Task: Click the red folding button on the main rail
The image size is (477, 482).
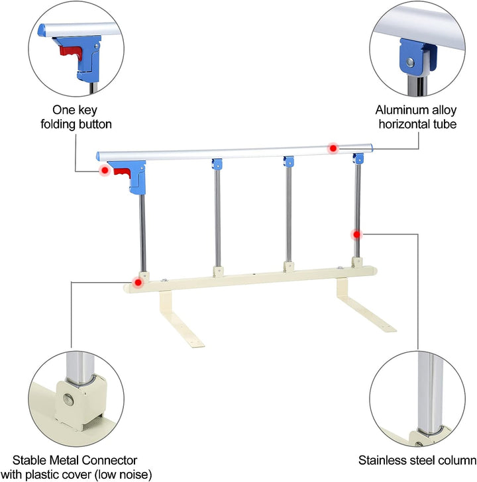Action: tap(121, 173)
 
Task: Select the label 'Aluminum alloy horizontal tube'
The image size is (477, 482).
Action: tap(416, 117)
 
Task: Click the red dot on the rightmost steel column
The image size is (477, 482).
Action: tap(357, 234)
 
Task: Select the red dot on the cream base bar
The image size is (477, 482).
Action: tap(138, 282)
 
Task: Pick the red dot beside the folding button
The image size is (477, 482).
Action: tap(104, 171)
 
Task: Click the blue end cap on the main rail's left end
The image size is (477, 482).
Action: tap(99, 156)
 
